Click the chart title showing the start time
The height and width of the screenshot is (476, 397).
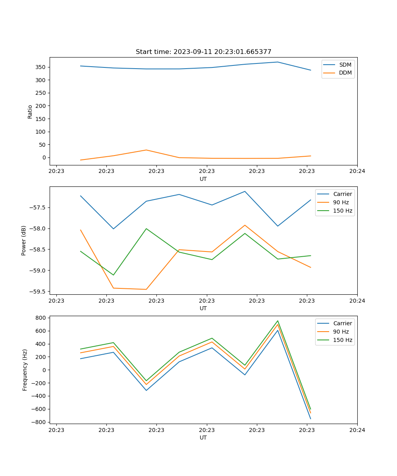pos(203,52)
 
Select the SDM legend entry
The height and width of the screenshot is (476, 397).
pos(345,65)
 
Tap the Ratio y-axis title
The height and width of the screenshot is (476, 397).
pos(30,111)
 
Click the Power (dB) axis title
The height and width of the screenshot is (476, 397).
pos(24,240)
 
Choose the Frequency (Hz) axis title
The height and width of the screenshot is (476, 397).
pos(25,370)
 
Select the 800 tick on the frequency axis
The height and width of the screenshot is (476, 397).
pos(41,318)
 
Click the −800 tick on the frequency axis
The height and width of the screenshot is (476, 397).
pos(39,422)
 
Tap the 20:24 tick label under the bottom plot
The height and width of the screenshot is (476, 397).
pos(357,430)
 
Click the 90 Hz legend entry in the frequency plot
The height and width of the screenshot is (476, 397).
pos(341,332)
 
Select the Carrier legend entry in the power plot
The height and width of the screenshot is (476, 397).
pos(342,194)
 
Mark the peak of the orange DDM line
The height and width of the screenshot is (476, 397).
pos(146,150)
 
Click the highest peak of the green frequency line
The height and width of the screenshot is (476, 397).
pos(278,321)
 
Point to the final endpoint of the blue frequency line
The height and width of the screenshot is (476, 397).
pos(310,419)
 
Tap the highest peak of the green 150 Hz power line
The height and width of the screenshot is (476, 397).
pos(146,228)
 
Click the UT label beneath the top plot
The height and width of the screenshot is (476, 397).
pos(203,179)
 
